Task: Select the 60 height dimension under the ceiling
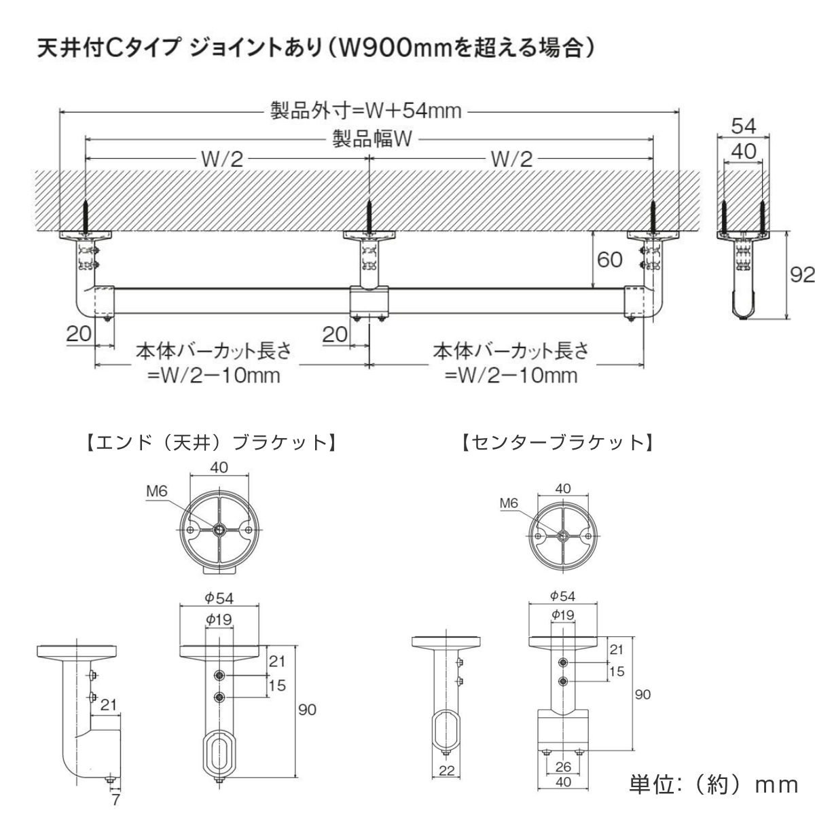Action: click(x=611, y=259)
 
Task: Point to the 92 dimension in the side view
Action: click(x=802, y=275)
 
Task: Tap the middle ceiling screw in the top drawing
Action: click(x=368, y=217)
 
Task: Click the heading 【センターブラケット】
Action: click(x=556, y=443)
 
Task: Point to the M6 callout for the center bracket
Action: click(x=509, y=503)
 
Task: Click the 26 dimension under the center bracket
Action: click(x=562, y=767)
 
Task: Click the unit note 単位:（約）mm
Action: click(x=713, y=784)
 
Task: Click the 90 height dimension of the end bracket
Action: click(x=307, y=710)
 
